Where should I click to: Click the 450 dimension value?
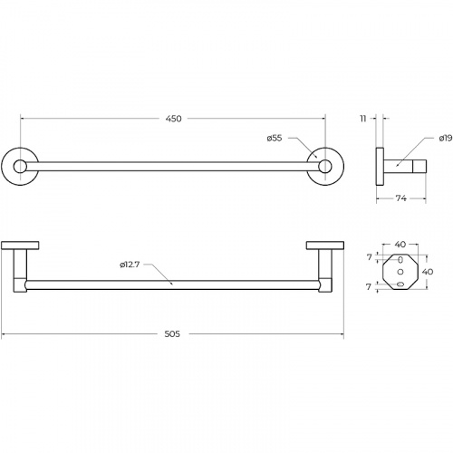click(174, 119)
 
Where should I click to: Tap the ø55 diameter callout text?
click(275, 139)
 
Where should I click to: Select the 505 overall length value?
click(172, 334)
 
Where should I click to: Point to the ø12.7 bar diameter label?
click(130, 265)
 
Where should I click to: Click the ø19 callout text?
click(446, 139)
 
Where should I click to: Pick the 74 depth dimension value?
click(401, 198)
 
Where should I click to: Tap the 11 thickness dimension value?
click(363, 119)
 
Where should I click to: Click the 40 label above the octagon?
click(400, 245)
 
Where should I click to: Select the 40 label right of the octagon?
click(428, 272)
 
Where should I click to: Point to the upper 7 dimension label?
click(369, 257)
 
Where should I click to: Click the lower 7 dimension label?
click(369, 287)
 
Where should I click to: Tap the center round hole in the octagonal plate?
click(400, 272)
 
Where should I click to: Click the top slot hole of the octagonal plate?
click(400, 259)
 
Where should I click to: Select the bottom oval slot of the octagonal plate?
click(400, 284)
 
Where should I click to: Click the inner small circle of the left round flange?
click(20, 167)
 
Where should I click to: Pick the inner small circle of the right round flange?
click(325, 167)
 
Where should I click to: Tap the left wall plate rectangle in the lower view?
click(20, 246)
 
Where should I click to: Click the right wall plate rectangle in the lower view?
click(325, 246)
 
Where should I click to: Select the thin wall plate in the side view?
click(380, 167)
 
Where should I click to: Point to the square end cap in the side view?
click(419, 167)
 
